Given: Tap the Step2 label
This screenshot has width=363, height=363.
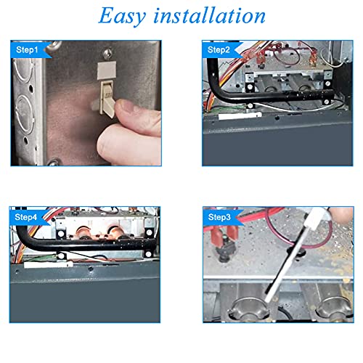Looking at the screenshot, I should click(219, 50).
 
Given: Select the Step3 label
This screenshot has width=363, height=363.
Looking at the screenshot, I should click(219, 217).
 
